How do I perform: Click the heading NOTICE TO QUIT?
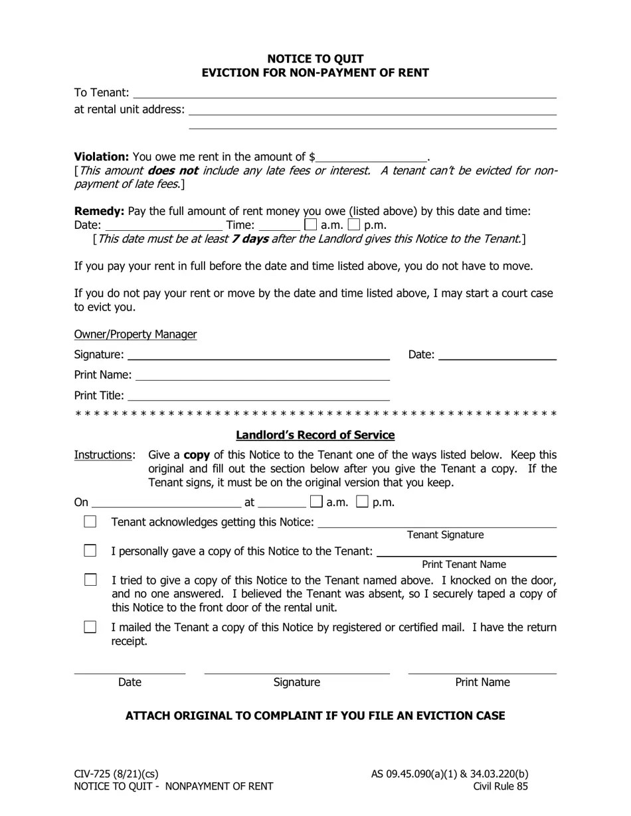click(x=315, y=59)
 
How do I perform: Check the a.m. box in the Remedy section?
click(x=310, y=225)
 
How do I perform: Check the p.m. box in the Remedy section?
click(x=353, y=225)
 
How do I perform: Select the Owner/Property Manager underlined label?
click(x=135, y=334)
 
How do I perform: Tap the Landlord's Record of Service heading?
click(x=315, y=435)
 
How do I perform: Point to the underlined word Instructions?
click(x=104, y=455)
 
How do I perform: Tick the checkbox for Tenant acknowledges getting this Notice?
click(x=90, y=522)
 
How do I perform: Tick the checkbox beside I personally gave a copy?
click(x=90, y=551)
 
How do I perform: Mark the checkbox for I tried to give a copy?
click(x=90, y=580)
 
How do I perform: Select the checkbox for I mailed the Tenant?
click(x=90, y=627)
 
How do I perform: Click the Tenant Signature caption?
click(x=445, y=535)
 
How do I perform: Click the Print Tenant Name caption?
click(x=464, y=565)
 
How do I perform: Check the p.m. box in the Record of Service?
click(x=362, y=502)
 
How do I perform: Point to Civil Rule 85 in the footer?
click(x=500, y=787)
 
